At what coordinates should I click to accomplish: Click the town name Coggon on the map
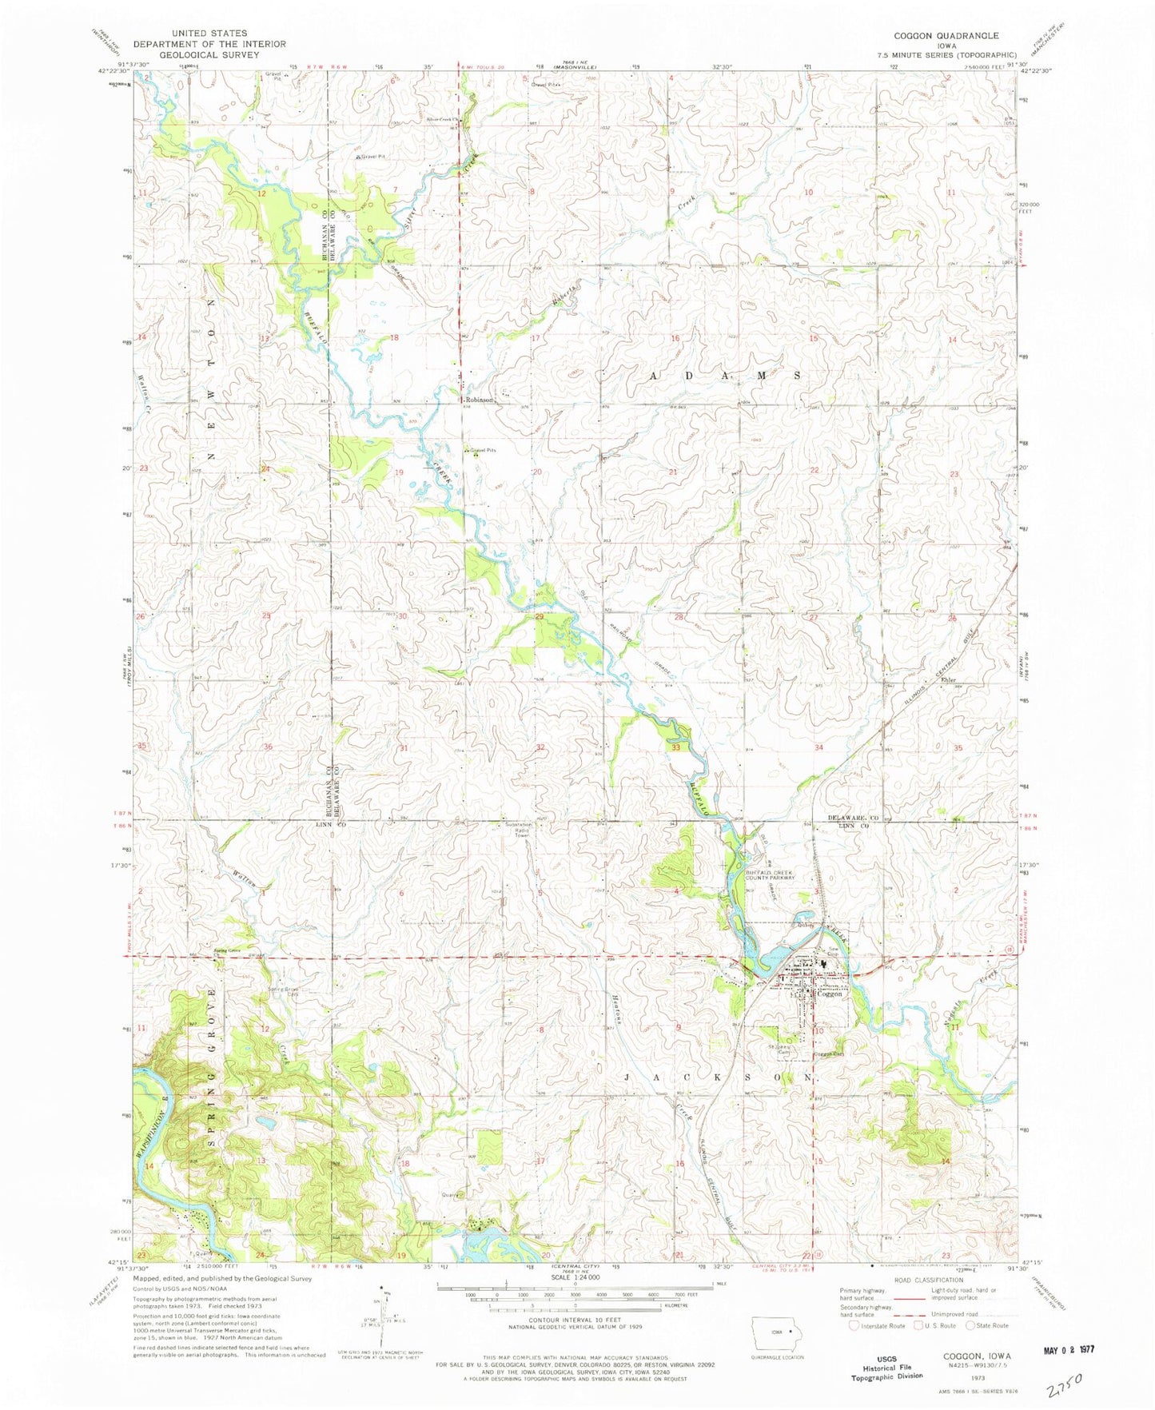click(829, 994)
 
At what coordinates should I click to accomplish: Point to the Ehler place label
click(949, 680)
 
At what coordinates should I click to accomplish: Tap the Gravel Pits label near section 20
click(483, 451)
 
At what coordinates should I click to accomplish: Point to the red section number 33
click(676, 747)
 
